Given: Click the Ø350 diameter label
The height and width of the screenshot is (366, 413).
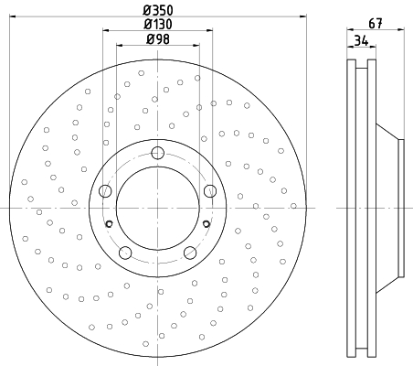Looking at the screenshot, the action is pyautogui.click(x=158, y=10).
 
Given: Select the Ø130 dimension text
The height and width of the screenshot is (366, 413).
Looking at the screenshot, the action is pyautogui.click(x=158, y=25).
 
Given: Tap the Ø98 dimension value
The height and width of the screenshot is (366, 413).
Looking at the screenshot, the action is pyautogui.click(x=158, y=39).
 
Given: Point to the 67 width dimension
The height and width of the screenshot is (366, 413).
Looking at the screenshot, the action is pyautogui.click(x=376, y=24).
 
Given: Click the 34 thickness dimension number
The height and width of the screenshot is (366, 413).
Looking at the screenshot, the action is pyautogui.click(x=361, y=40).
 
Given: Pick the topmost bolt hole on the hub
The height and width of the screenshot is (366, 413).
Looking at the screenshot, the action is pyautogui.click(x=158, y=153).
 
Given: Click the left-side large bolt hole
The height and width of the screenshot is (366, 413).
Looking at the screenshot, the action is pyautogui.click(x=105, y=191).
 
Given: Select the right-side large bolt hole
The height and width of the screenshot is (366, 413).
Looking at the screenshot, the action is pyautogui.click(x=210, y=191).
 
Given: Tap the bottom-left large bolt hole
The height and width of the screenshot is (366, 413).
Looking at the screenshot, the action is pyautogui.click(x=125, y=253).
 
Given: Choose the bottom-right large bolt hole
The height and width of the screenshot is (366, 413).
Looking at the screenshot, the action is pyautogui.click(x=190, y=253).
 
